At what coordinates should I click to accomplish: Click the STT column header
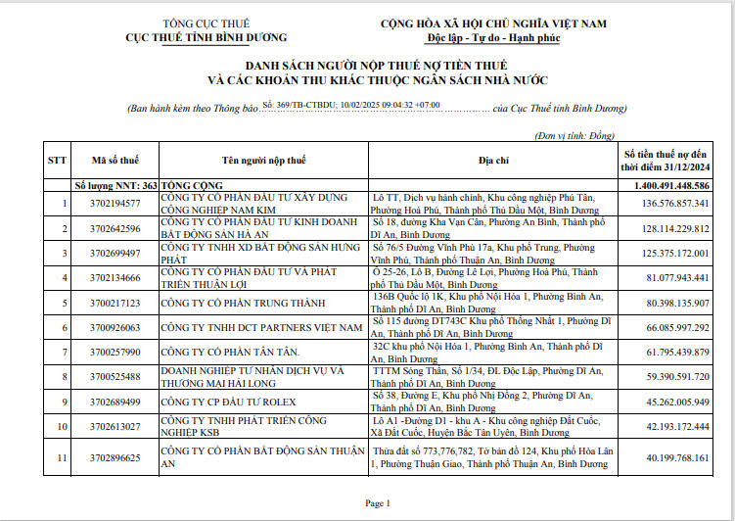click(x=58, y=160)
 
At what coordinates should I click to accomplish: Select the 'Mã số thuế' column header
click(x=115, y=160)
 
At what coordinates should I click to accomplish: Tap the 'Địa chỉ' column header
click(x=493, y=160)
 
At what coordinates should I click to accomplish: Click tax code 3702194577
click(x=115, y=204)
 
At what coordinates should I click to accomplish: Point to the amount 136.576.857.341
click(x=675, y=204)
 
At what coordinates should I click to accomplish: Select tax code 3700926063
click(x=115, y=327)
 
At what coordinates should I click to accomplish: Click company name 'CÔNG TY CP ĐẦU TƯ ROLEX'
click(x=230, y=402)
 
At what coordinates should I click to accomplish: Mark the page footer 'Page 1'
click(x=377, y=503)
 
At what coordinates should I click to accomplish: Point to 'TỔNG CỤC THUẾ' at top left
click(x=207, y=23)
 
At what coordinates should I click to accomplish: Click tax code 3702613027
click(x=115, y=426)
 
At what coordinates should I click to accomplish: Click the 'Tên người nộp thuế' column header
click(x=263, y=160)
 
